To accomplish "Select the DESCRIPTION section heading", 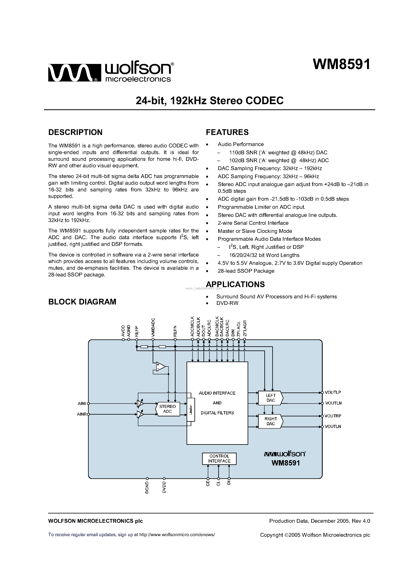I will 75,132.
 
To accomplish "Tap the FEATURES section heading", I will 227,132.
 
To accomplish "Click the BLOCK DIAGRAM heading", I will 82,302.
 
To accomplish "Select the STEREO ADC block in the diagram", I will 167,409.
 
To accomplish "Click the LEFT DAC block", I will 270,398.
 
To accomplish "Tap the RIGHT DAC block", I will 270,421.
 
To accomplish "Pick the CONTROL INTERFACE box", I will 219,459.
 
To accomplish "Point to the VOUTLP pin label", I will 333,392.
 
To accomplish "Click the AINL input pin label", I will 82,404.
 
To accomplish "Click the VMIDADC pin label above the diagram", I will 153,327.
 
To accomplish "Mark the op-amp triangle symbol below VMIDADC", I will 160,367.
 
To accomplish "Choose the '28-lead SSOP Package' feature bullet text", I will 246,271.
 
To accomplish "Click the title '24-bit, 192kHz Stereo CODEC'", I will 210,100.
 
